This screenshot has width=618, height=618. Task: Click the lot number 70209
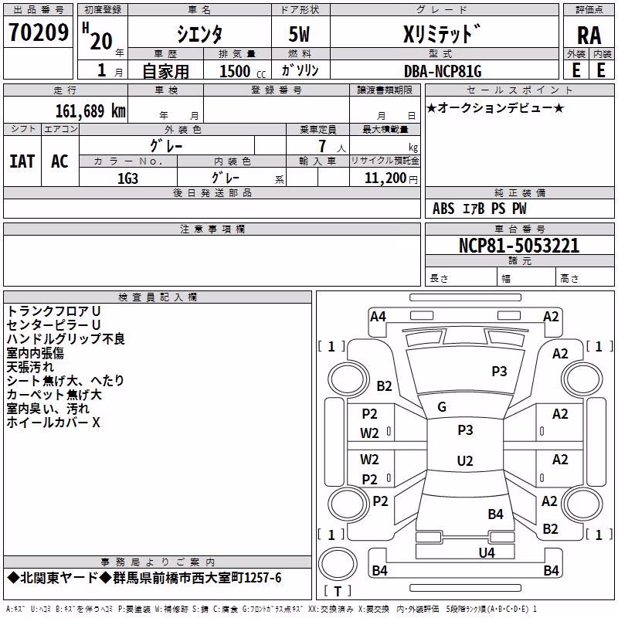pos(39,32)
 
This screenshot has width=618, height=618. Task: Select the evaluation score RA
pos(589,36)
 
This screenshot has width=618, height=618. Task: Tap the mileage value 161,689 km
pos(90,110)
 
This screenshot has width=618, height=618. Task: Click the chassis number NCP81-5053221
pos(519,246)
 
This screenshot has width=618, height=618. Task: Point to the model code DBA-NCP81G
pos(443,71)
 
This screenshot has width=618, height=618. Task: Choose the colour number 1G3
pos(127,178)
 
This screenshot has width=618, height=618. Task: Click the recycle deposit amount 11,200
pos(385,178)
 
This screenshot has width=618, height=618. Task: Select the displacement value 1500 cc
pos(243,71)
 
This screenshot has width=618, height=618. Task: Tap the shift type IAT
pos(22,161)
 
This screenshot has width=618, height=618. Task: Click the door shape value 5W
pos(299,34)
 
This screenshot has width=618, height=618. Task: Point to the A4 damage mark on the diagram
pos(378,317)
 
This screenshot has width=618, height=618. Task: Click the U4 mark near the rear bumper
pos(487,552)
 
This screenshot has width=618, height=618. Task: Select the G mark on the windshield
pos(442,407)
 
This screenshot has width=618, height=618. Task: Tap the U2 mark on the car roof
pos(465,460)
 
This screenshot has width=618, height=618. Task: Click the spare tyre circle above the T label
pos(338,564)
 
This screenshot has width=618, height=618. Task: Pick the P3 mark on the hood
pos(499,372)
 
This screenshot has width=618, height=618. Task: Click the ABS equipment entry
pos(443,209)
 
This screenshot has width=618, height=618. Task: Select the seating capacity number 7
pos(322,146)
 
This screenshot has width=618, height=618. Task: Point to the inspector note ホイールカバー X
pos(53,423)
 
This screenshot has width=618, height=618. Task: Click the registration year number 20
pos(101,42)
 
